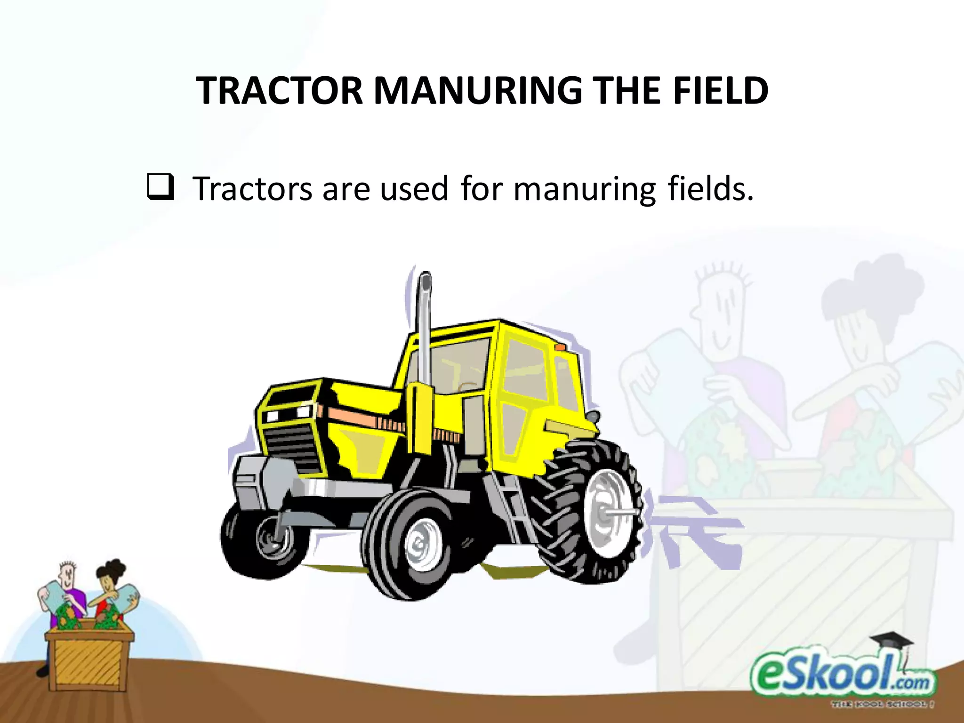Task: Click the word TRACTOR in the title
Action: pos(280,90)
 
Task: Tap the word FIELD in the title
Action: pos(720,90)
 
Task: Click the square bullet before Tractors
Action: pos(161,187)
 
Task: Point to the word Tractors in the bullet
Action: pos(252,189)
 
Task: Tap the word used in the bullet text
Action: pos(414,189)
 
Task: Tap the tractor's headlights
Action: pos(287,414)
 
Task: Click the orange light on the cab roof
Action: pos(560,347)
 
